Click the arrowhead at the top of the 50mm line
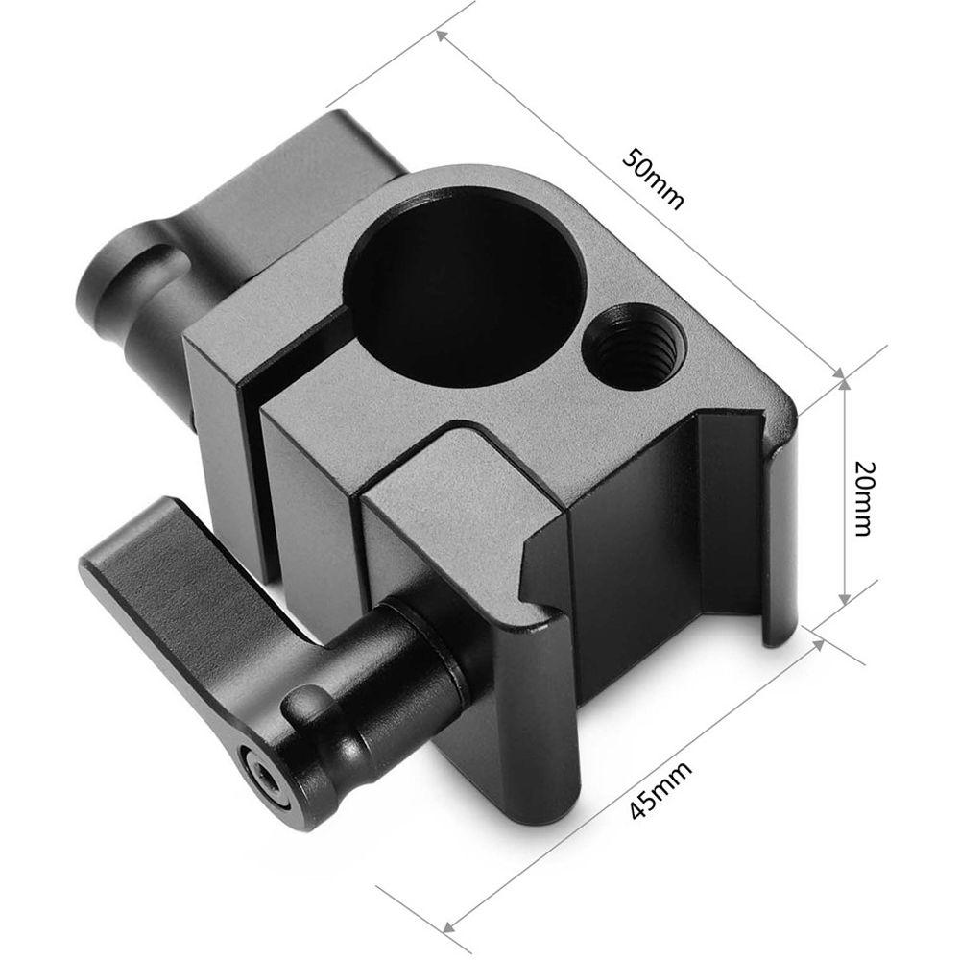(x=443, y=36)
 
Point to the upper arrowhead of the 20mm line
(x=844, y=384)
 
